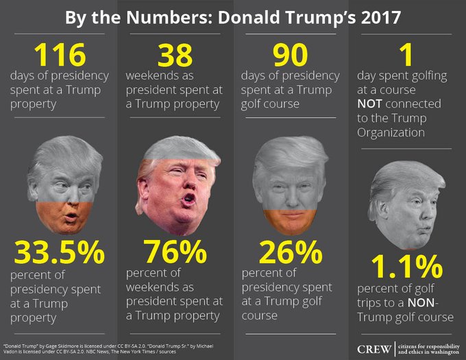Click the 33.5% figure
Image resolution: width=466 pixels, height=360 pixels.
coord(60,254)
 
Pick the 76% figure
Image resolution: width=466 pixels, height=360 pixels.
coord(175,254)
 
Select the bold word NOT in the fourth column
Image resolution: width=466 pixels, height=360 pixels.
coord(374,104)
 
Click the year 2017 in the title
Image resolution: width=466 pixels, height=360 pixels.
coord(375,16)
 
